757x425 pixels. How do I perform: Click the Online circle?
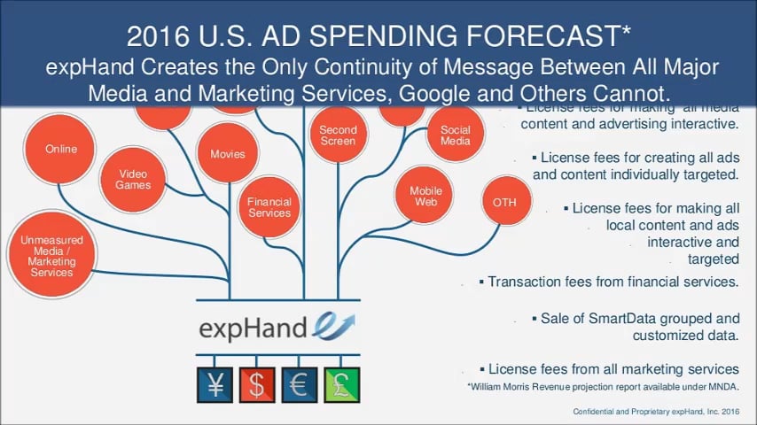tap(61, 149)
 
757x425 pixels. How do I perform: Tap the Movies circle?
tap(228, 154)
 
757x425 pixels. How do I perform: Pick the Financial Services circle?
tap(269, 207)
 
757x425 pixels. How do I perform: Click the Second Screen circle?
tap(338, 135)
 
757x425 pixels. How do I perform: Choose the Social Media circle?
tap(456, 135)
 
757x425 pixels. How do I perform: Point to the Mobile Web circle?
tap(425, 197)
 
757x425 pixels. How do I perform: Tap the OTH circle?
tap(504, 203)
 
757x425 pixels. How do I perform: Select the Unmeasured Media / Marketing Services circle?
tap(51, 256)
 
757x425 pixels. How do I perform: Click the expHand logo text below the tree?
tap(253, 328)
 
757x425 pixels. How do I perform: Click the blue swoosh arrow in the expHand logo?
tap(334, 325)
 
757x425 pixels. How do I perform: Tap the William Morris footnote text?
tap(602, 387)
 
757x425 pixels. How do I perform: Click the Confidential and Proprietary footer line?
tap(655, 413)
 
